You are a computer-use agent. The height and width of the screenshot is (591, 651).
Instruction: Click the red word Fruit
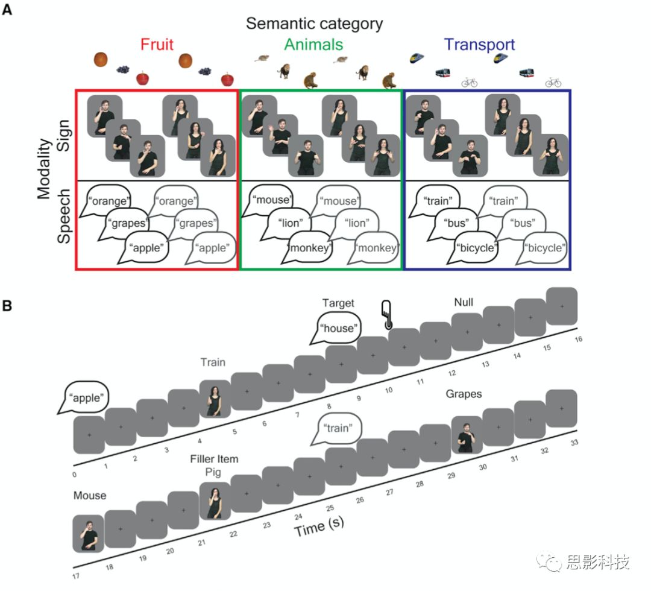point(157,45)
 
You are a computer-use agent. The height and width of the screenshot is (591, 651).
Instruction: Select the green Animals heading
point(313,45)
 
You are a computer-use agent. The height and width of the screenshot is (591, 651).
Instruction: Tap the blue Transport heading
point(479,45)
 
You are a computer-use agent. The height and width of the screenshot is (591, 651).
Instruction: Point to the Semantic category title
point(314,24)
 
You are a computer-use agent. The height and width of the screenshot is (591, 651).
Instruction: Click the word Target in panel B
point(338,303)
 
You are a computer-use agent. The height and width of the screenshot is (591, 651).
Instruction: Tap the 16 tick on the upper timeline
point(578,340)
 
